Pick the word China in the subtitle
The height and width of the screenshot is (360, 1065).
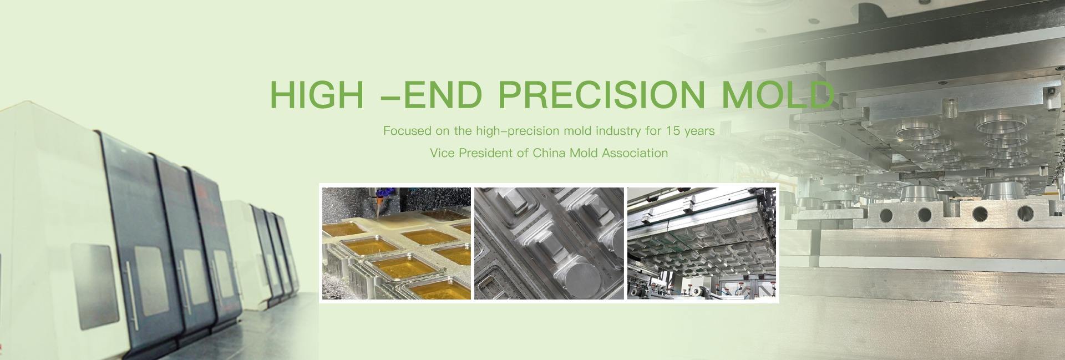(x=547, y=153)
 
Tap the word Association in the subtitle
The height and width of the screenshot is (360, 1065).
(x=633, y=153)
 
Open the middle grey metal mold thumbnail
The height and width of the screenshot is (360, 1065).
(x=549, y=244)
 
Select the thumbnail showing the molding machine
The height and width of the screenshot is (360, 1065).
(x=702, y=244)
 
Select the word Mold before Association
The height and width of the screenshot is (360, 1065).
(x=581, y=153)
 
